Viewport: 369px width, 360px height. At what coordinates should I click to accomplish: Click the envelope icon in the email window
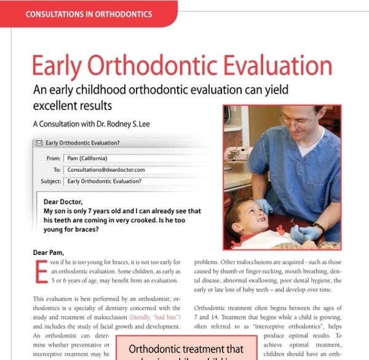39,143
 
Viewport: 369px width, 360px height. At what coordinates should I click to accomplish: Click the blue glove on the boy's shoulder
264,206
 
